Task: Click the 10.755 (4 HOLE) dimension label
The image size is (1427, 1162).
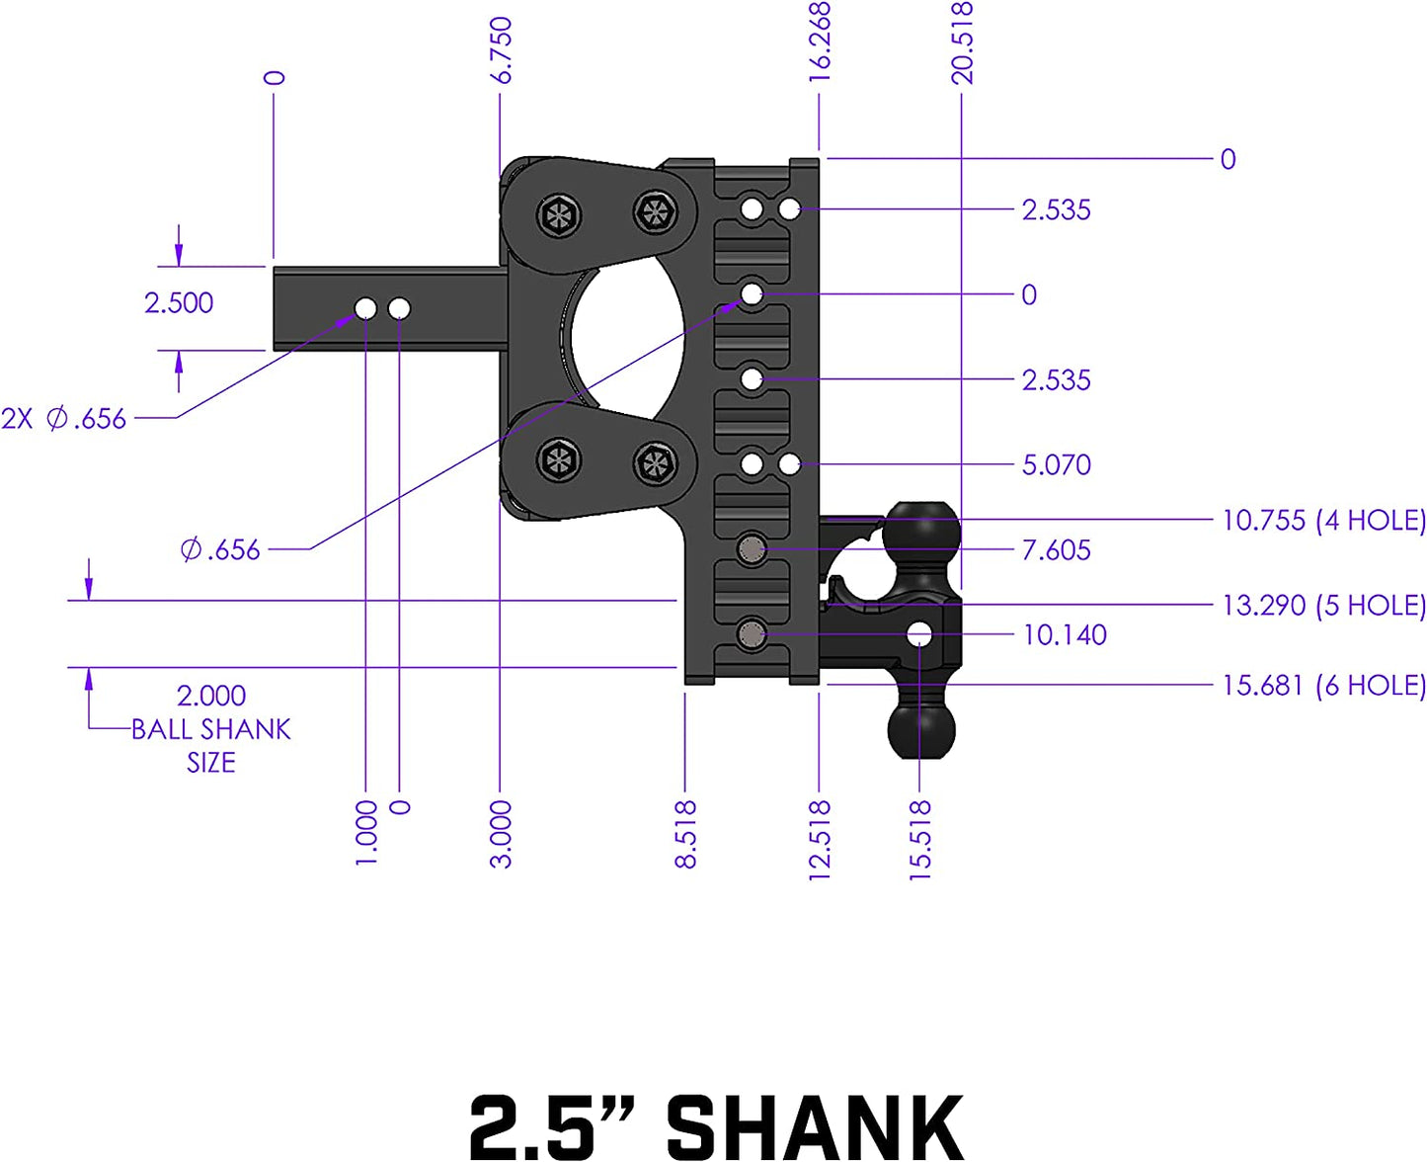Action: coord(1323,521)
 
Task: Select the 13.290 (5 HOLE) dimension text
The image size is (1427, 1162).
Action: coord(1323,605)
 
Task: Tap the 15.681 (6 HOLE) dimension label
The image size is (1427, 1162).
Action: coord(1323,685)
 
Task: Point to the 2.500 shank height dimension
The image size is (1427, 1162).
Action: coord(179,302)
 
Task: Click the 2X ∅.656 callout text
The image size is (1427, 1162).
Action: coord(64,419)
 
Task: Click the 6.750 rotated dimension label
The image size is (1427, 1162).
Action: coord(502,49)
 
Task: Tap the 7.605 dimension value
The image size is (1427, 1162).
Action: coord(1056,550)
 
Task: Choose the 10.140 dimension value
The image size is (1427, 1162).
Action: coord(1064,635)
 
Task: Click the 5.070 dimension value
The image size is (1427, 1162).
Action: coord(1056,465)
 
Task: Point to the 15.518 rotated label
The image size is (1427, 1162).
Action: coord(920,840)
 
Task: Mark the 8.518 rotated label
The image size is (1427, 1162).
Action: coord(685,835)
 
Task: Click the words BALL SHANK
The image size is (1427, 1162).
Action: coord(211,729)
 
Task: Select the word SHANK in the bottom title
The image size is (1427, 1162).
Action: coord(815,1126)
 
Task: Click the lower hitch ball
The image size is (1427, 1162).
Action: coord(921,729)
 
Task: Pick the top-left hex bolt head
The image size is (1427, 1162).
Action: coord(559,215)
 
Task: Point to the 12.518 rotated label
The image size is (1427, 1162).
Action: coord(820,840)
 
